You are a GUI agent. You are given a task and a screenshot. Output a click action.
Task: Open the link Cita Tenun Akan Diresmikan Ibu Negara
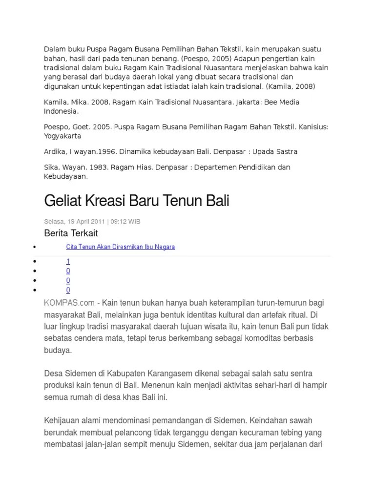pyautogui.click(x=120, y=247)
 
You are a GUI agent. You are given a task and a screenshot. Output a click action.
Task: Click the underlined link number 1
pyautogui.click(x=68, y=262)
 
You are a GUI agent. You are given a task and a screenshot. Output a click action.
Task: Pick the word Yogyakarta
pyautogui.click(x=63, y=136)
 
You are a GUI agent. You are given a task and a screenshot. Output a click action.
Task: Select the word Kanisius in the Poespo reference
pyautogui.click(x=313, y=127)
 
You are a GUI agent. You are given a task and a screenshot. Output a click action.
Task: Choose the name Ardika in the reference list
pyautogui.click(x=54, y=151)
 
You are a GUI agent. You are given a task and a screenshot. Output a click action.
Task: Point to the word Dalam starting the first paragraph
pyautogui.click(x=54, y=49)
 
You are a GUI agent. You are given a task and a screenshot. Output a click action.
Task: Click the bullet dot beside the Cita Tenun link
pyautogui.click(x=34, y=247)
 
